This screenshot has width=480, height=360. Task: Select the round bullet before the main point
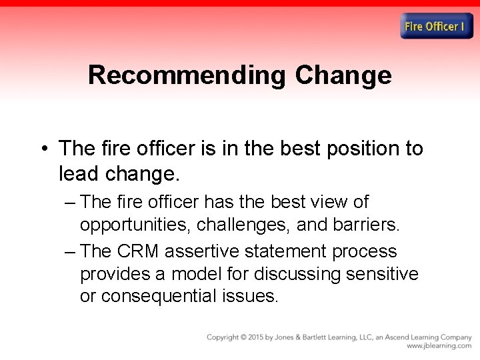(43, 149)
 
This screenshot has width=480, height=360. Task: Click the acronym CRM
(138, 251)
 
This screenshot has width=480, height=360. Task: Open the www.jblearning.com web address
(439, 347)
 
